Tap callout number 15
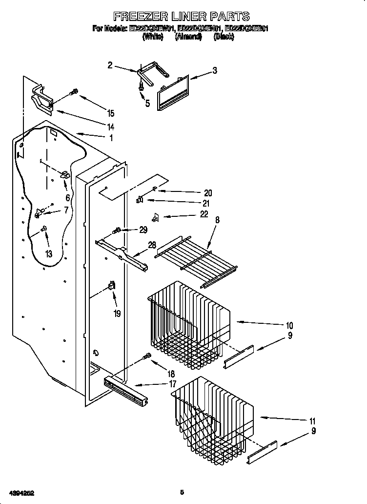[x=111, y=113]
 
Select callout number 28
[x=152, y=245]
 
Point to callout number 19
[x=117, y=314]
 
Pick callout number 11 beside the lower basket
[x=312, y=421]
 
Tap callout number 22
[x=204, y=214]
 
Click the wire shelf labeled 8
[x=195, y=259]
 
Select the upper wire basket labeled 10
[x=188, y=322]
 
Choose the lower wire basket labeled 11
[x=212, y=415]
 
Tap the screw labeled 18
[x=145, y=358]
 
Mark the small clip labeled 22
[x=156, y=216]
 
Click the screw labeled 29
[x=117, y=230]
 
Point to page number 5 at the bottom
[x=182, y=492]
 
